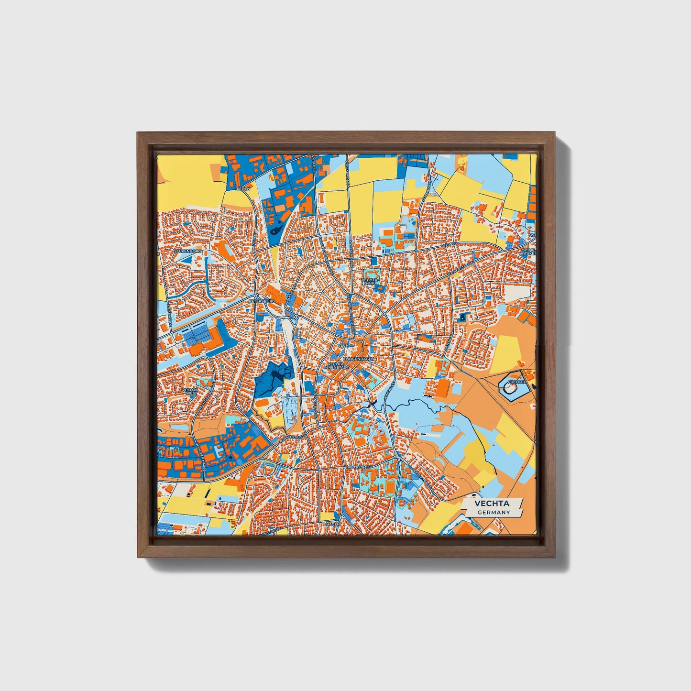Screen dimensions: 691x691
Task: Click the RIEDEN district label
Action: [243, 189]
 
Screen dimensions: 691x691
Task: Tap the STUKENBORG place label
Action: [188, 251]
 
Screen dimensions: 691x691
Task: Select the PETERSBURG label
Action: [262, 302]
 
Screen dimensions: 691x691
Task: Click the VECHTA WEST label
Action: [190, 392]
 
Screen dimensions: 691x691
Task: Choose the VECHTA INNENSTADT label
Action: [339, 365]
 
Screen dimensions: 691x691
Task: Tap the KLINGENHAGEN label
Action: [358, 358]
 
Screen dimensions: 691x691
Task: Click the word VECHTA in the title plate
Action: [492, 504]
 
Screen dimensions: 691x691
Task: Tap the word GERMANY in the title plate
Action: [494, 512]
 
